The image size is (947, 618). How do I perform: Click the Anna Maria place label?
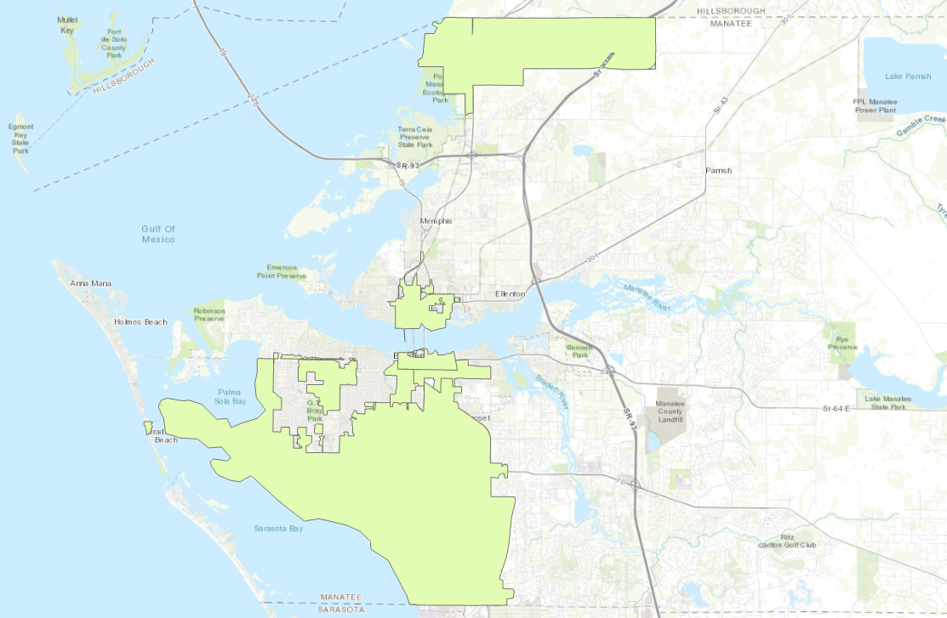click(91, 283)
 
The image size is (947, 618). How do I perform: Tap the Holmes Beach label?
click(140, 322)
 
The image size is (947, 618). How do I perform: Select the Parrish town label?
click(718, 171)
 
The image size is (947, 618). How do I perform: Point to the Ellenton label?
click(512, 294)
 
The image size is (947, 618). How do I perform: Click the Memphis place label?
click(436, 221)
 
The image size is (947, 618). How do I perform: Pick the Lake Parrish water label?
click(907, 77)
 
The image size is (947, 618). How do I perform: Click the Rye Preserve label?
click(842, 343)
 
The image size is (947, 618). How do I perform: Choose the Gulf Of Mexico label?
click(158, 234)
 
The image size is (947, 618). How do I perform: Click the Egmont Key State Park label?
click(20, 139)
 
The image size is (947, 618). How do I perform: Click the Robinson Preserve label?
click(208, 315)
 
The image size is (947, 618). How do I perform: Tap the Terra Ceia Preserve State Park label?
click(415, 136)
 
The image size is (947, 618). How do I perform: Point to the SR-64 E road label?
click(838, 410)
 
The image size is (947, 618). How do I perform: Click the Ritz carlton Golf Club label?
click(788, 541)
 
